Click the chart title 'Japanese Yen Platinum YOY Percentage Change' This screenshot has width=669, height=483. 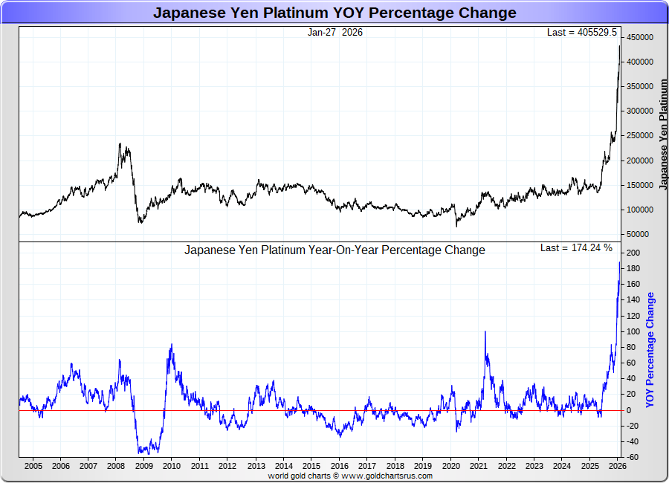334,13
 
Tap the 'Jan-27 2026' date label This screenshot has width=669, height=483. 334,32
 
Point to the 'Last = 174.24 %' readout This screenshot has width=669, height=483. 576,247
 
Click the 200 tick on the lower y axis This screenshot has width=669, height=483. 634,253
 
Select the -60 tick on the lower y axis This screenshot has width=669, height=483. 634,457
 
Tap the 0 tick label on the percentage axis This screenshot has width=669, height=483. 629,410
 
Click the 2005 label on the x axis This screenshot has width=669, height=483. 33,466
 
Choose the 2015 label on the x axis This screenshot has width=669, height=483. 311,466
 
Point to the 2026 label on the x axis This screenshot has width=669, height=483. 617,466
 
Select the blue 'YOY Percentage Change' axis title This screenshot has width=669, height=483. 650,349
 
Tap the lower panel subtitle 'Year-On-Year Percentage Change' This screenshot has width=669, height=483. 334,250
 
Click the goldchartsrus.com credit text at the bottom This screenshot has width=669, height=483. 350,476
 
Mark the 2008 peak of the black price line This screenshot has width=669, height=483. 120,143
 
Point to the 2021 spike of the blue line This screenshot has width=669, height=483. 485,331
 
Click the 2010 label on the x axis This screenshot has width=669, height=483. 172,466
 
